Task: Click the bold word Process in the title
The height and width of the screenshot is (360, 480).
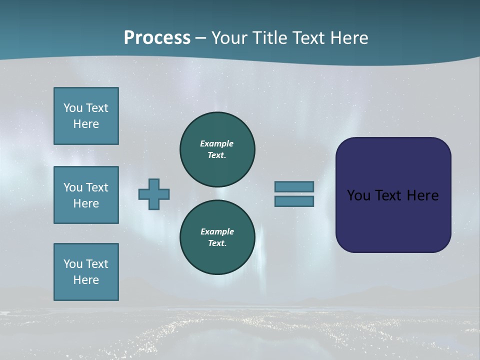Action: pos(157,38)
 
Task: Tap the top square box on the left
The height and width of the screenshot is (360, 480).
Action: pos(86,116)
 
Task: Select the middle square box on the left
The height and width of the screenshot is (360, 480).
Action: pos(86,195)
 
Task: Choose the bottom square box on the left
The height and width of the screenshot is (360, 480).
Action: pos(86,272)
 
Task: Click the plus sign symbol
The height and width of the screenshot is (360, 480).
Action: pos(154,194)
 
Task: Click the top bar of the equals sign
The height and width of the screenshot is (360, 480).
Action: pos(294,187)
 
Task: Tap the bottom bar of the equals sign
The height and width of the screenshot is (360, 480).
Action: pos(294,201)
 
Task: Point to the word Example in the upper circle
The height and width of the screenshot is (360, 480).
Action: pos(217,143)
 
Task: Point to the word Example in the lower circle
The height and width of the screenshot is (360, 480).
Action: pos(217,231)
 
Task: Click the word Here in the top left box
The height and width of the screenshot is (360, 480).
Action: pos(86,124)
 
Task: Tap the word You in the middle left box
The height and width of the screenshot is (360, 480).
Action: pos(72,187)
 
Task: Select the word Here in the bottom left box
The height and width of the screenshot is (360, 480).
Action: pos(86,280)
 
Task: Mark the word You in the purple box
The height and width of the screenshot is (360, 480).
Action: pos(358,195)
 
